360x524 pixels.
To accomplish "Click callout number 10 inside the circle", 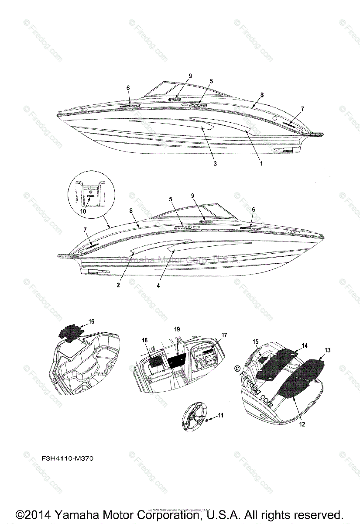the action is coord(83,211).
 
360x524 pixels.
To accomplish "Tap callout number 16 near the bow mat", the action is coord(91,321).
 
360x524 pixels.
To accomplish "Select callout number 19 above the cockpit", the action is coord(177,328).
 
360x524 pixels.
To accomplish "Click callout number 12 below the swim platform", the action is coord(302,424).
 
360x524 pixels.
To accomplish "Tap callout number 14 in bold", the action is coord(305,345).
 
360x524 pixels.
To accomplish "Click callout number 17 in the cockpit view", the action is coord(224,335).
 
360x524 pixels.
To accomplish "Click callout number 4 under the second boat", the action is coord(159,286).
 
